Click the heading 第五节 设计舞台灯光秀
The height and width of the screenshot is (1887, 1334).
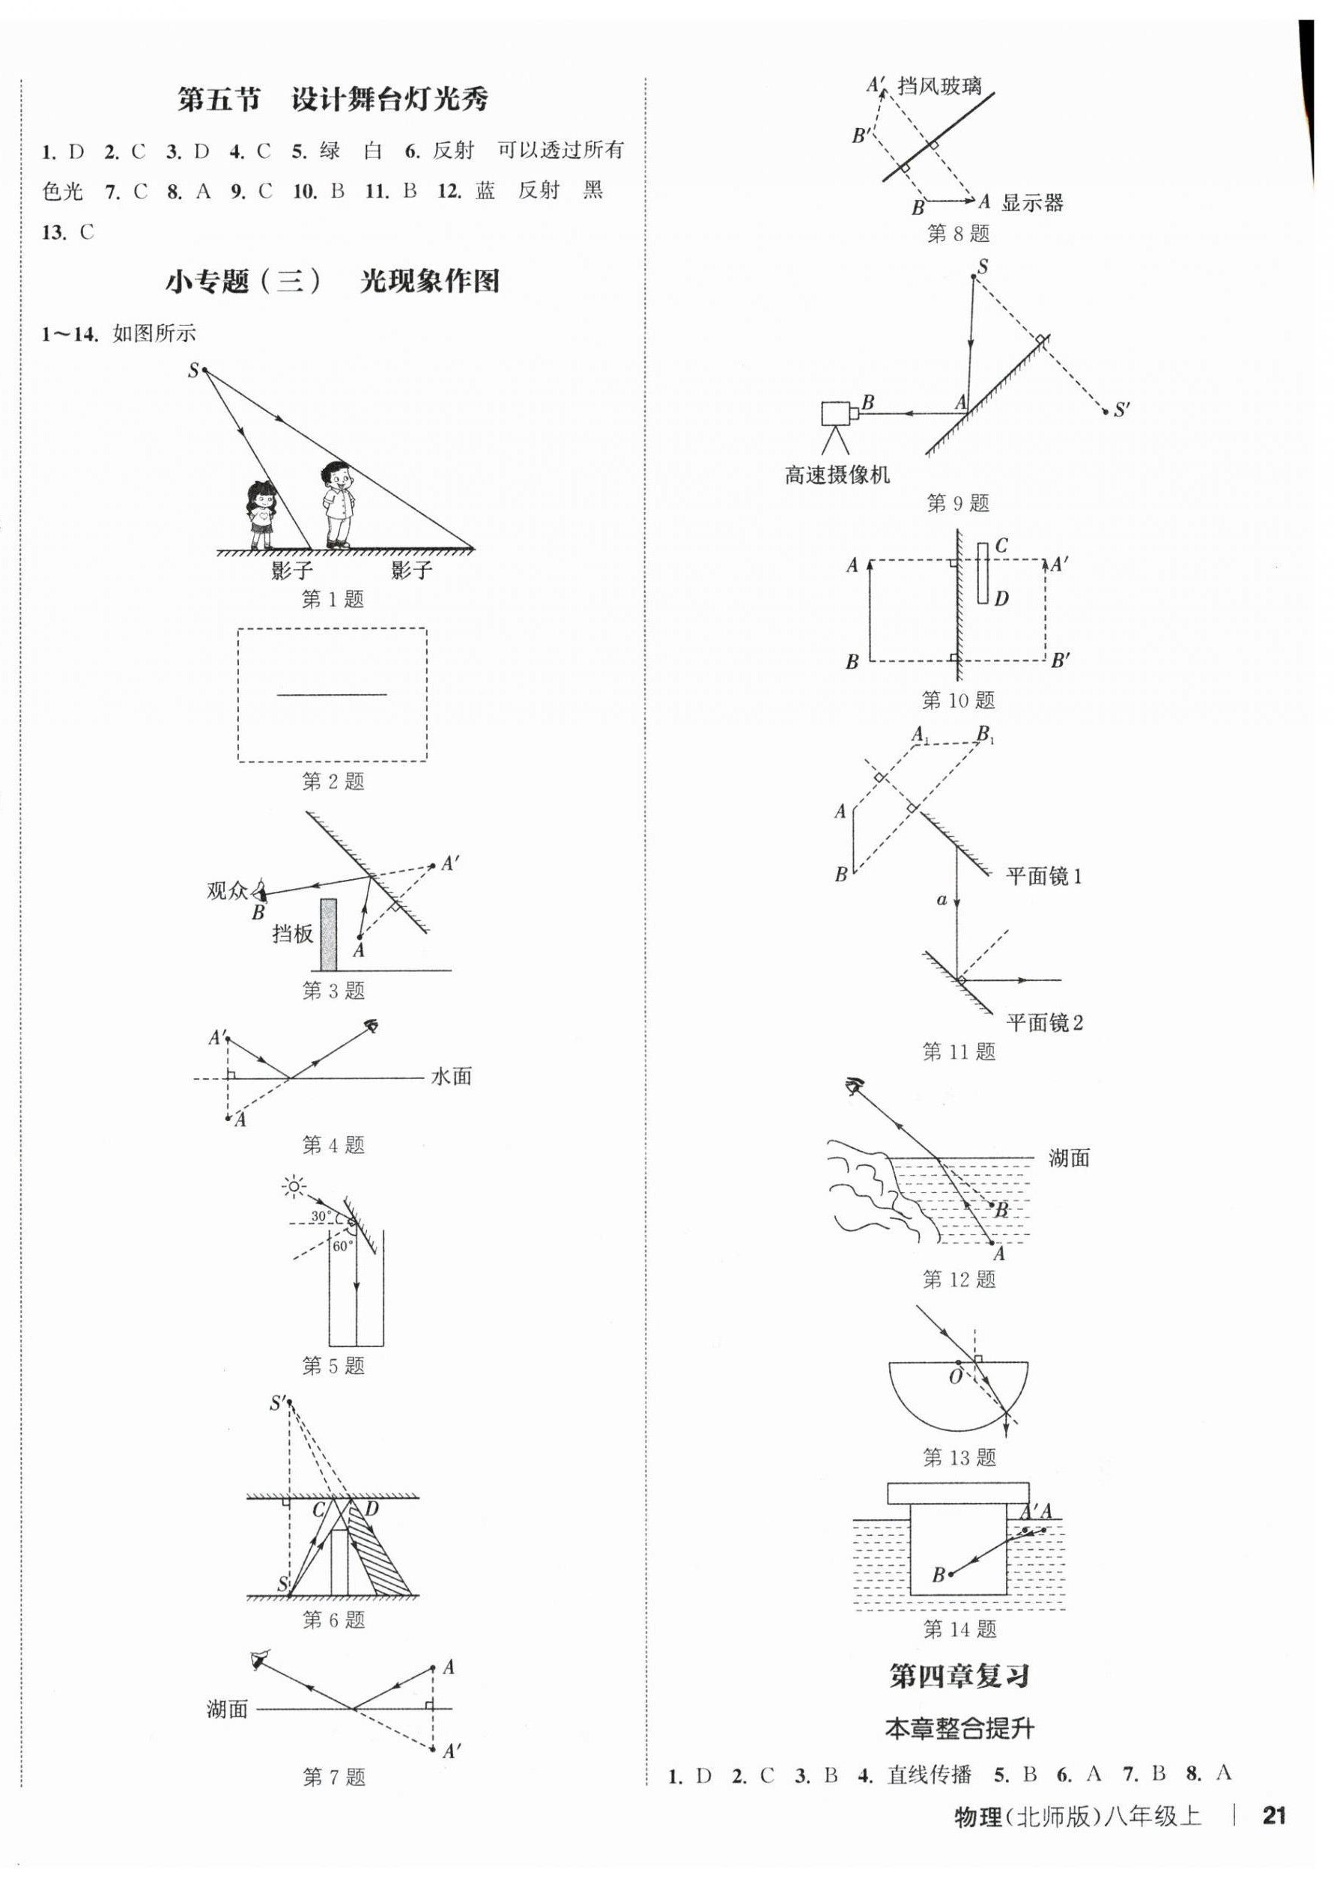click(x=333, y=100)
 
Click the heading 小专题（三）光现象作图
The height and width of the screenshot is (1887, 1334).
click(x=333, y=282)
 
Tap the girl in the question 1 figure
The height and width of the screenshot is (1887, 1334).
click(x=261, y=514)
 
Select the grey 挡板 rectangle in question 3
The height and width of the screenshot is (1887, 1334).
click(x=328, y=935)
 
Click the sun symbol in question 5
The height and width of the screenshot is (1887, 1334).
click(x=294, y=1186)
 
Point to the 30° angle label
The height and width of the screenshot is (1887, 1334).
click(x=321, y=1215)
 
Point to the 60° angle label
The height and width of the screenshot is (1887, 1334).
click(x=342, y=1246)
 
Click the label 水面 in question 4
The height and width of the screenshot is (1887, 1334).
click(x=451, y=1077)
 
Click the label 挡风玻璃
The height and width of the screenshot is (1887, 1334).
click(x=939, y=85)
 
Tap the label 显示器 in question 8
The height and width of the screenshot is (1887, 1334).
click(x=1032, y=202)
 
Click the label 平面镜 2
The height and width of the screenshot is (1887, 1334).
click(x=1045, y=1023)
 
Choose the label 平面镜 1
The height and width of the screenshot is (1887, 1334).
click(x=1044, y=877)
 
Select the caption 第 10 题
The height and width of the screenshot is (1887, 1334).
click(x=959, y=700)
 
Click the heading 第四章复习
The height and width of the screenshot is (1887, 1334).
click(x=959, y=1677)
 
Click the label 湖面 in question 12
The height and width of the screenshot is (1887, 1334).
click(x=1069, y=1159)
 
